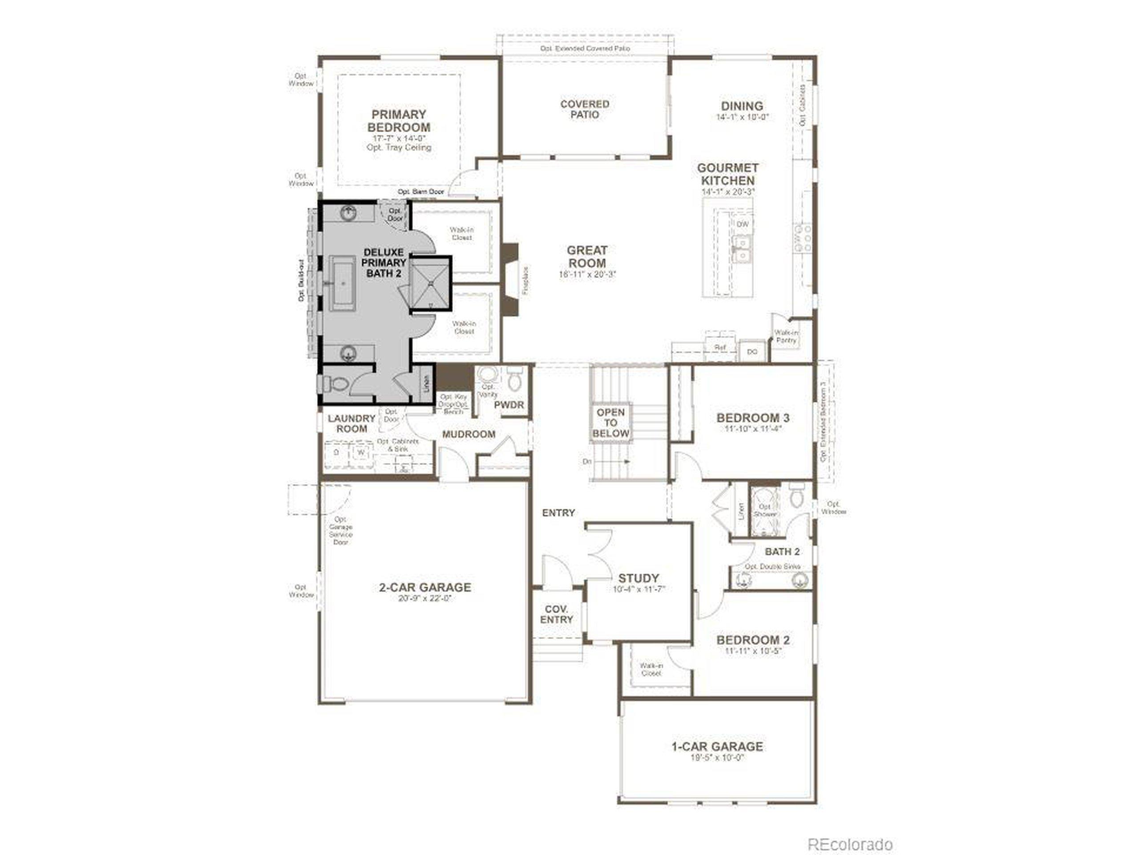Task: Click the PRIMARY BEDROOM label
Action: point(399,121)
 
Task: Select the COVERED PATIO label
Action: point(585,109)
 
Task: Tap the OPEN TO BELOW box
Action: point(611,423)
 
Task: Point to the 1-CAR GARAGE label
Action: point(717,746)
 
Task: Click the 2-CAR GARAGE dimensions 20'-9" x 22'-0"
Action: point(425,599)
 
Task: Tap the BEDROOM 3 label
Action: point(753,418)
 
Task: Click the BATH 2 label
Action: point(782,552)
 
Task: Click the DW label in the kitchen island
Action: point(743,224)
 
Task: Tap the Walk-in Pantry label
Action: point(786,337)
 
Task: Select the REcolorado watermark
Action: point(850,830)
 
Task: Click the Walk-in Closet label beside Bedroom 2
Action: point(651,669)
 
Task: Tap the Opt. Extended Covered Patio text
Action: point(585,48)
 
